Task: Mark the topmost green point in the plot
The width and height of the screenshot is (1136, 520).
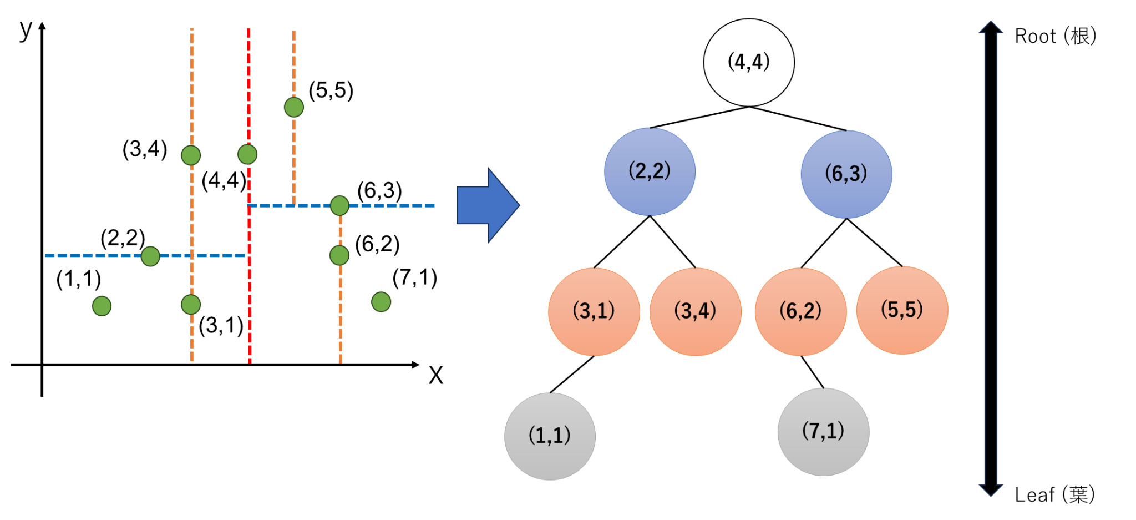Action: coord(293,107)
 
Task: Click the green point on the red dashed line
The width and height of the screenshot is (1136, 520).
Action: coord(247,154)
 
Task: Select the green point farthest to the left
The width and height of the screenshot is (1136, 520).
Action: coord(102,306)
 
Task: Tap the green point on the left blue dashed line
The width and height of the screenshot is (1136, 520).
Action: coord(150,256)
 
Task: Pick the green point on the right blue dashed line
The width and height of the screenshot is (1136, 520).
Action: coord(339,205)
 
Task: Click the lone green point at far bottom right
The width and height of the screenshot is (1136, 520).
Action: coord(381,302)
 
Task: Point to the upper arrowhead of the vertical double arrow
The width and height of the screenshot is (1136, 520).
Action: coord(991,28)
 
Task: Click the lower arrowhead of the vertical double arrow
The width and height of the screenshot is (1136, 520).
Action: coord(991,490)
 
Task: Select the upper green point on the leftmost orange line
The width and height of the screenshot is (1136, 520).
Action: coord(191,155)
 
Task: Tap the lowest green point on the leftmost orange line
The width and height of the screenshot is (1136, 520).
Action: coord(191,304)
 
